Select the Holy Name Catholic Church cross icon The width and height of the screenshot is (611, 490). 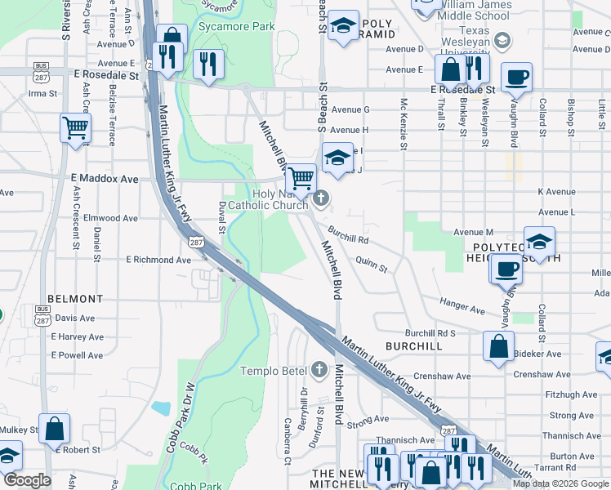coord(322,198)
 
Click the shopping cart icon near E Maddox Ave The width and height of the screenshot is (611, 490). coord(301,177)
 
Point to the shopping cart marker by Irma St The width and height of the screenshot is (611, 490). coord(75,127)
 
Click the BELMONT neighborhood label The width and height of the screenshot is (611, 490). coord(75,299)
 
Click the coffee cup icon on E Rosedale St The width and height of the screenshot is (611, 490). coord(516,78)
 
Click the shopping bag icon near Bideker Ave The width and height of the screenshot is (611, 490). coord(498,346)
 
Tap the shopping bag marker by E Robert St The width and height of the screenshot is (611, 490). coord(54,429)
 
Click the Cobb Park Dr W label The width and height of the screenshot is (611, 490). coord(181,418)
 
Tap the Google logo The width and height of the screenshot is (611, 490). coord(27,480)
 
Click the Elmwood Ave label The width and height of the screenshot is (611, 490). coord(105,218)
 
